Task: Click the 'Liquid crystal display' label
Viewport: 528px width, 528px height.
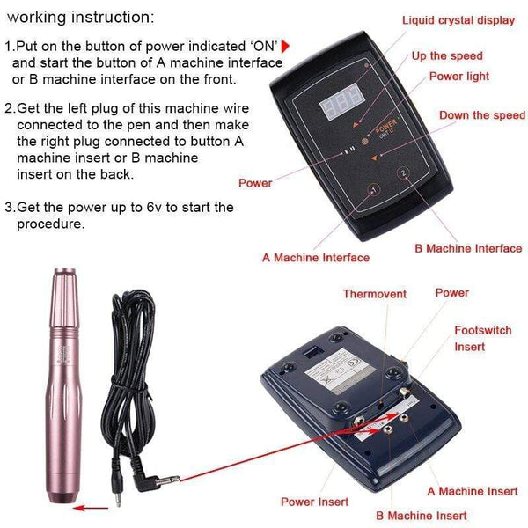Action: click(458, 20)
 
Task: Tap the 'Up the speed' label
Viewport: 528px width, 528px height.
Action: click(447, 56)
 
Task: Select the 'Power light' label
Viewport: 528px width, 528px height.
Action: click(458, 77)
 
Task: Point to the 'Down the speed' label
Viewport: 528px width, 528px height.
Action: click(481, 115)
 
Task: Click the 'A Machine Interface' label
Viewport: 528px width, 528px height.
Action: click(316, 258)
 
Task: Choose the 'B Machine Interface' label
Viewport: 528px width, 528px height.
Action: click(468, 248)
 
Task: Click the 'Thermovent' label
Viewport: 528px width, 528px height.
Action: click(375, 294)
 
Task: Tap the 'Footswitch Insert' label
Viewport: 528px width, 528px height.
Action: click(481, 339)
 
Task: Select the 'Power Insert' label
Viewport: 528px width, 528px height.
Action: click(314, 502)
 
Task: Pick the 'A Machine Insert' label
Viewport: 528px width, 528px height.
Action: click(473, 491)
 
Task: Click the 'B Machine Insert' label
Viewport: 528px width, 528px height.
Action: click(422, 516)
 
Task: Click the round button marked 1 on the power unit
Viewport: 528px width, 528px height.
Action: click(372, 191)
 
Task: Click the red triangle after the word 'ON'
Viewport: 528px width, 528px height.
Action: click(286, 46)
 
